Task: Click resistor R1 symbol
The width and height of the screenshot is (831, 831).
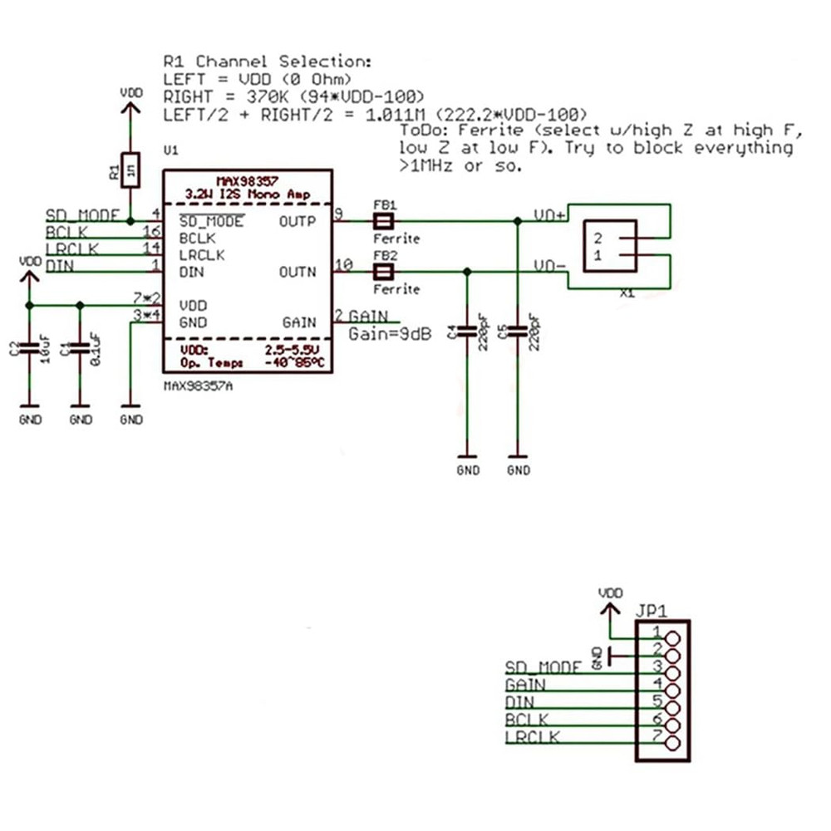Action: coord(130,171)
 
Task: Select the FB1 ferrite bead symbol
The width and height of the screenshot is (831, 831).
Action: coord(383,221)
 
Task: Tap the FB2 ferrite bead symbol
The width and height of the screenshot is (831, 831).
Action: coord(383,272)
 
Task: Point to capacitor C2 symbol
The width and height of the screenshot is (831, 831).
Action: coord(30,347)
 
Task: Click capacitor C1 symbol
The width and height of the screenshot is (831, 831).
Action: coord(81,347)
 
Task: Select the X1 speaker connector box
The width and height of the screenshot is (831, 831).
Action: coord(611,245)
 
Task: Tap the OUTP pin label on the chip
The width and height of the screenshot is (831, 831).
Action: coord(299,222)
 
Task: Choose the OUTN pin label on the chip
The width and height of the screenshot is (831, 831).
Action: coord(299,272)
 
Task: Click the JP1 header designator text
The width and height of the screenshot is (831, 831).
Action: coord(652,610)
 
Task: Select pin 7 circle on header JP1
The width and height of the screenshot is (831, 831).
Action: coord(671,743)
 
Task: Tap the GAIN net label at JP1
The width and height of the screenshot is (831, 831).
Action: coord(525,686)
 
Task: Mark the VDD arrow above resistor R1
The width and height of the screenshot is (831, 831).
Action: coord(130,108)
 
